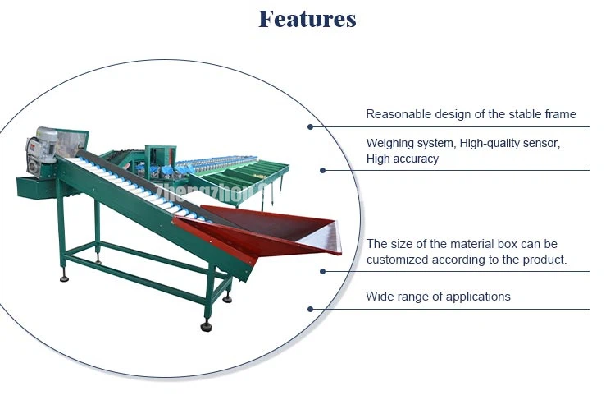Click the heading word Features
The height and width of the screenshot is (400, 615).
(x=307, y=19)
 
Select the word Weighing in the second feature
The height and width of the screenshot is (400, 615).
(x=392, y=143)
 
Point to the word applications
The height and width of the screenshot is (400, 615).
(x=476, y=296)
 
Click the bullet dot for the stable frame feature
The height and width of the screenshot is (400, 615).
(x=310, y=126)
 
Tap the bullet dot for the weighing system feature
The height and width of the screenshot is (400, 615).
(x=322, y=170)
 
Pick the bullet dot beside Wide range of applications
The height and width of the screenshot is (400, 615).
(x=310, y=309)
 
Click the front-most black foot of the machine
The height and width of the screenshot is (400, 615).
(x=206, y=326)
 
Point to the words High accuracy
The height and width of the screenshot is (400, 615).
(x=402, y=159)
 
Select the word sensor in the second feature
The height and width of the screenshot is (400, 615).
(x=540, y=143)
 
